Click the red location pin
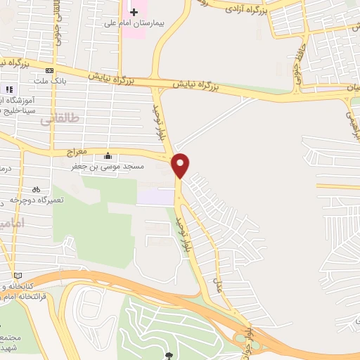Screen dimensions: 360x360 181,165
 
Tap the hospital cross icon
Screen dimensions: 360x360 134,13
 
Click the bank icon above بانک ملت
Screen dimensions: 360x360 49,71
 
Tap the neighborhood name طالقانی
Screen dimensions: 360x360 56,119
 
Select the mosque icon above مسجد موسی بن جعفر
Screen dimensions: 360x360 108,155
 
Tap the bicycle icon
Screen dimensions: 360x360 36,189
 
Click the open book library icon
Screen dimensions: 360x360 18,274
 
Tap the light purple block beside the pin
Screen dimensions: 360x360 155,196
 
